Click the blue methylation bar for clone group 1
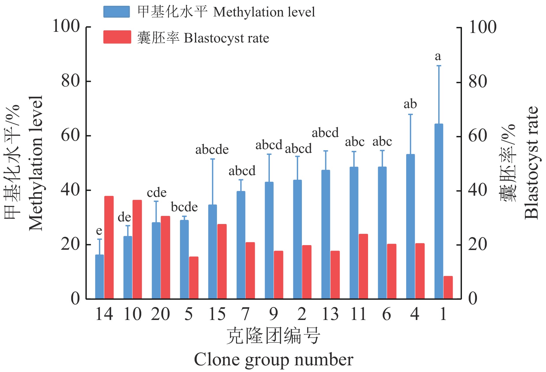pos(439,211)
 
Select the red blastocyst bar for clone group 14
pos(109,247)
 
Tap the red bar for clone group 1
pos(448,287)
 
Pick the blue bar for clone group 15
pos(212,252)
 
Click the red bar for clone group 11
pos(363,266)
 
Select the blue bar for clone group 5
pos(184,259)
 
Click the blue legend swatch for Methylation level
pos(116,12)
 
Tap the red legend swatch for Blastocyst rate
pos(117,37)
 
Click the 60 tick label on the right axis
pos(478,136)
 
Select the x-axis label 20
pos(160,314)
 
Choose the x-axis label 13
pos(330,314)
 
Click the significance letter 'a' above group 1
pos(438,56)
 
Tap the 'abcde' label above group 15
pos(212,150)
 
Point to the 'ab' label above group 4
pos(410,104)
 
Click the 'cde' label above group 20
pos(157,193)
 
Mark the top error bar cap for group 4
pos(411,114)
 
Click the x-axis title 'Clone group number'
pos(273,360)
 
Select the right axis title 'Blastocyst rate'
pos(532,163)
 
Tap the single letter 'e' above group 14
pos(99,231)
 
